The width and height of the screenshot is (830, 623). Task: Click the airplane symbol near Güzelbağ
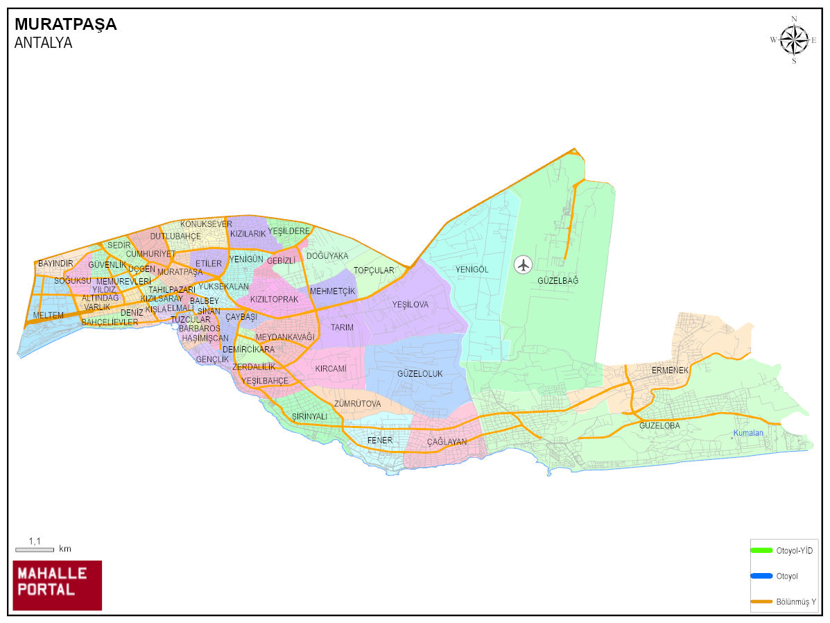pyautogui.click(x=524, y=264)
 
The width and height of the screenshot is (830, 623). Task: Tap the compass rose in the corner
pyautogui.click(x=794, y=40)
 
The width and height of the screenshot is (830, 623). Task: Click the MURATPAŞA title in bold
pyautogui.click(x=66, y=24)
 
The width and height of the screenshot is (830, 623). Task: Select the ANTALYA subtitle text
pyautogui.click(x=43, y=42)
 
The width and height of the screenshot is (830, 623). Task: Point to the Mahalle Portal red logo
pyautogui.click(x=58, y=585)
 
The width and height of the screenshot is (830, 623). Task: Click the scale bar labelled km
pyautogui.click(x=35, y=549)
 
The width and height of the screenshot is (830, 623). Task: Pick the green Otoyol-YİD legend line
pyautogui.click(x=761, y=550)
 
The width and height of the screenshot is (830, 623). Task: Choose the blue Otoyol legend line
pyautogui.click(x=761, y=575)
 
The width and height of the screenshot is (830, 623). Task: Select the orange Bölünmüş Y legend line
pyautogui.click(x=761, y=601)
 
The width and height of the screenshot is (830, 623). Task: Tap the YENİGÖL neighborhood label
pyautogui.click(x=472, y=269)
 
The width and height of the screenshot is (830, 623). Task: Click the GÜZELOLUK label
pyautogui.click(x=420, y=374)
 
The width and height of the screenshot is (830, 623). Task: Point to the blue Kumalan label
pyautogui.click(x=748, y=434)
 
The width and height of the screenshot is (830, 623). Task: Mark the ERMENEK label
pyautogui.click(x=670, y=370)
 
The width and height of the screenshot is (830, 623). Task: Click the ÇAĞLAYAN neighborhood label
pyautogui.click(x=447, y=442)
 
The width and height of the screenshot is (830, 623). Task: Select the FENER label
pyautogui.click(x=380, y=440)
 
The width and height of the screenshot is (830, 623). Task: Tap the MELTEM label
pyautogui.click(x=48, y=316)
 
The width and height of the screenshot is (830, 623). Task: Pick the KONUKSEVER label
pyautogui.click(x=206, y=224)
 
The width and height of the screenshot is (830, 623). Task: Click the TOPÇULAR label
pyautogui.click(x=374, y=271)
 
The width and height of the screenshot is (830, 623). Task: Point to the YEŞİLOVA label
pyautogui.click(x=410, y=305)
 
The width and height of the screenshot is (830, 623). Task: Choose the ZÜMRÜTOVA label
pyautogui.click(x=357, y=404)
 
